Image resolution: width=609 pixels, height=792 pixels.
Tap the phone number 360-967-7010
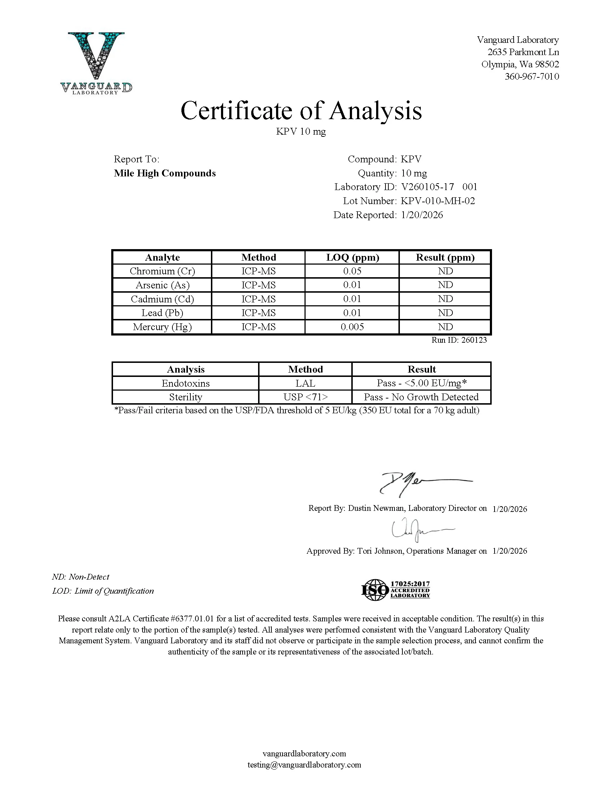[x=532, y=76]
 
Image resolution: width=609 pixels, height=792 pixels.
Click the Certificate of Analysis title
[x=301, y=111]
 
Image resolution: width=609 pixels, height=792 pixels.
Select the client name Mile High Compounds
[x=164, y=173]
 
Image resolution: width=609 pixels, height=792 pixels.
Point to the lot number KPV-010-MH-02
[x=438, y=201]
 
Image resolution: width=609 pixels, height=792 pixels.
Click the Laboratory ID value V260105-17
[x=427, y=187]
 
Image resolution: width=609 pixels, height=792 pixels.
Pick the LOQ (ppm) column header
[x=352, y=257]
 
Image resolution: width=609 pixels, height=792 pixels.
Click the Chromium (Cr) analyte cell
[x=162, y=271]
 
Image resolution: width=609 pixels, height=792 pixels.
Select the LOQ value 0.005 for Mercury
[x=352, y=327]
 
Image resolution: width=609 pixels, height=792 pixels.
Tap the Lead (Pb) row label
[x=162, y=313]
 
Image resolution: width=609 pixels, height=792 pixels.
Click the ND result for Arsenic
[x=445, y=285]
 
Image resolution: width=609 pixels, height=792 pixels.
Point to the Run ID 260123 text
[x=459, y=340]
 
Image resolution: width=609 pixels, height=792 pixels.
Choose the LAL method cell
[x=305, y=383]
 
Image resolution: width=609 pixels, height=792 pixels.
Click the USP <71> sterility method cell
[x=305, y=397]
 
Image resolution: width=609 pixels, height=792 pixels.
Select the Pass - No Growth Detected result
[x=421, y=397]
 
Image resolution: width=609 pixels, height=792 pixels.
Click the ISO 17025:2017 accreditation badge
[x=396, y=590]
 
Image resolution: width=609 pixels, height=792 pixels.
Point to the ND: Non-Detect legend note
[x=81, y=577]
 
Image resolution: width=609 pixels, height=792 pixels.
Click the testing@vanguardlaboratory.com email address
[x=304, y=765]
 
